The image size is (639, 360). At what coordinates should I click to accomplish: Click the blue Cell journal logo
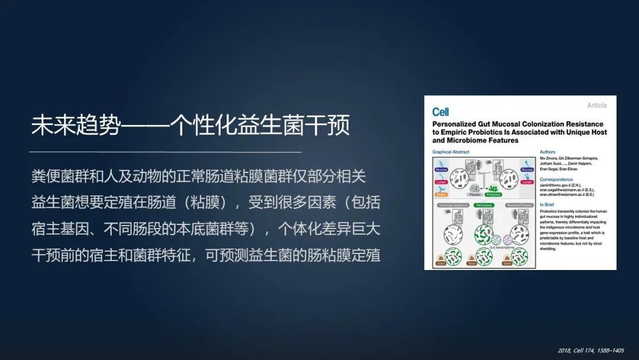click(x=440, y=112)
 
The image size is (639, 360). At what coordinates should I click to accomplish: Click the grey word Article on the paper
click(x=596, y=105)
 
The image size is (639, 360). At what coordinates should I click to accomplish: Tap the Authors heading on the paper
click(x=547, y=152)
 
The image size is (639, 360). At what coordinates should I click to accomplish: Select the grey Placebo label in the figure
click(x=473, y=194)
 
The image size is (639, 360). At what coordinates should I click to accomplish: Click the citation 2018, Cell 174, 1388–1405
click(x=590, y=351)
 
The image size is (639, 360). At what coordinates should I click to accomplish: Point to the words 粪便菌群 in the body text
click(x=57, y=176)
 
